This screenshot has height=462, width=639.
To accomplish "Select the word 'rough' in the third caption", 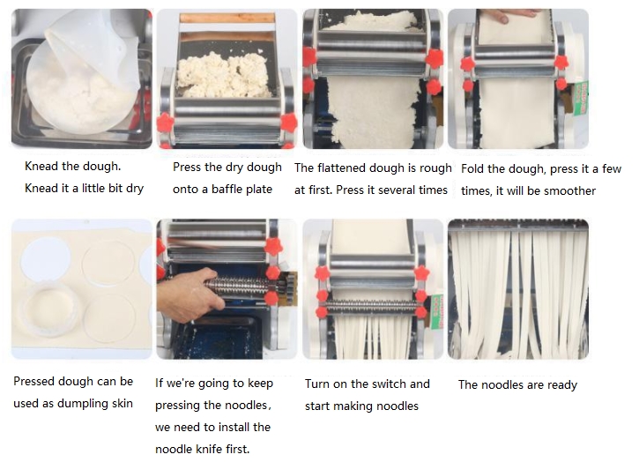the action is click(x=435, y=168).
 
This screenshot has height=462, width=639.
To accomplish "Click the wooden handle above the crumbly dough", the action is click(x=227, y=18).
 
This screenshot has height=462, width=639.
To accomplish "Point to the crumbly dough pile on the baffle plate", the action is click(x=223, y=75).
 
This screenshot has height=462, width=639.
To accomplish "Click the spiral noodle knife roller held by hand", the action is click(x=241, y=287).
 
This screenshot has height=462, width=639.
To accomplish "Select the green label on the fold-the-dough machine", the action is click(x=581, y=98).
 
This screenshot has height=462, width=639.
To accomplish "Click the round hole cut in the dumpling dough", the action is click(x=45, y=258).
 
